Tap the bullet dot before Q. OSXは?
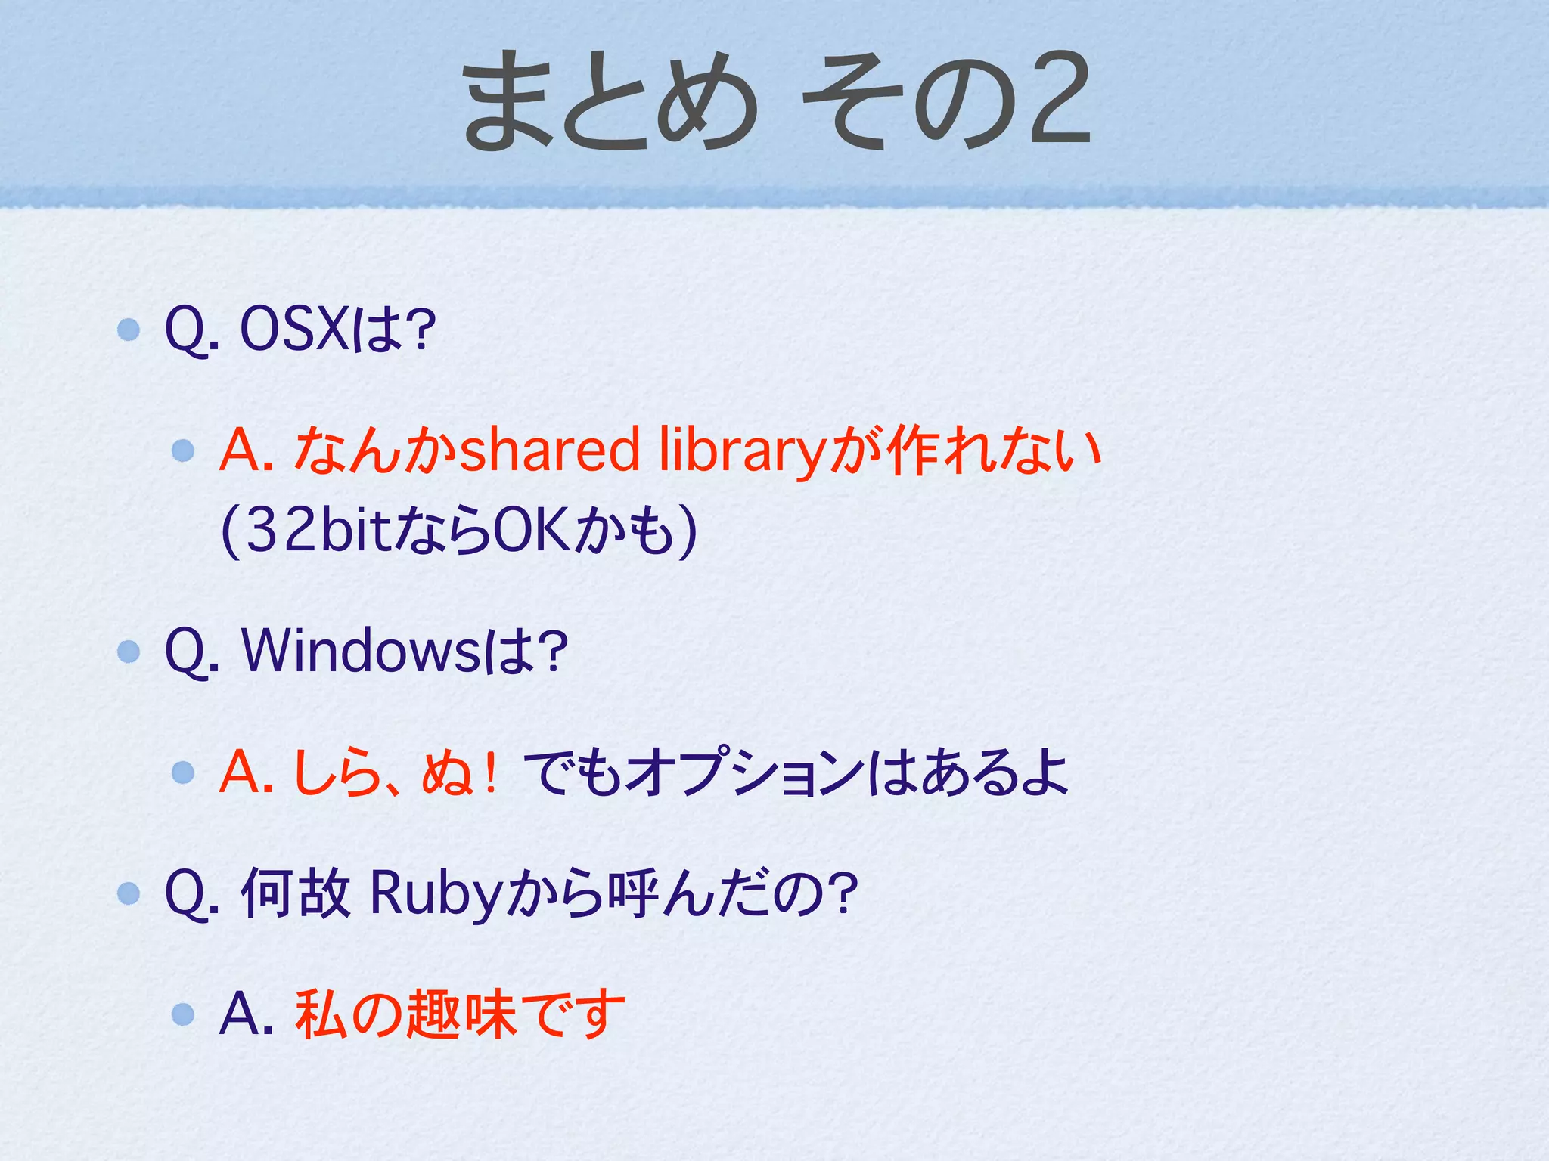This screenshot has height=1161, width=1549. [x=129, y=330]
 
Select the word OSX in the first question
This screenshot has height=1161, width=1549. [x=294, y=330]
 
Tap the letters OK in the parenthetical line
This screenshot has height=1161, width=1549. [x=532, y=531]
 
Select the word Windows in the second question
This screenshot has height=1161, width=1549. [x=361, y=651]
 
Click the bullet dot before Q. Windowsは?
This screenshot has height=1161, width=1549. [x=129, y=651]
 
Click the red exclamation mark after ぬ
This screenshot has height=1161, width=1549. [x=492, y=772]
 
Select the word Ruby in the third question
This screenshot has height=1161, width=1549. [x=436, y=894]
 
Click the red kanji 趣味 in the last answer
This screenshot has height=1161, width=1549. [x=462, y=1014]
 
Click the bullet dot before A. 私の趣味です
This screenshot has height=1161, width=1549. [x=183, y=1014]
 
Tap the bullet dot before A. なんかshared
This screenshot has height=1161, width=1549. [x=183, y=451]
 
